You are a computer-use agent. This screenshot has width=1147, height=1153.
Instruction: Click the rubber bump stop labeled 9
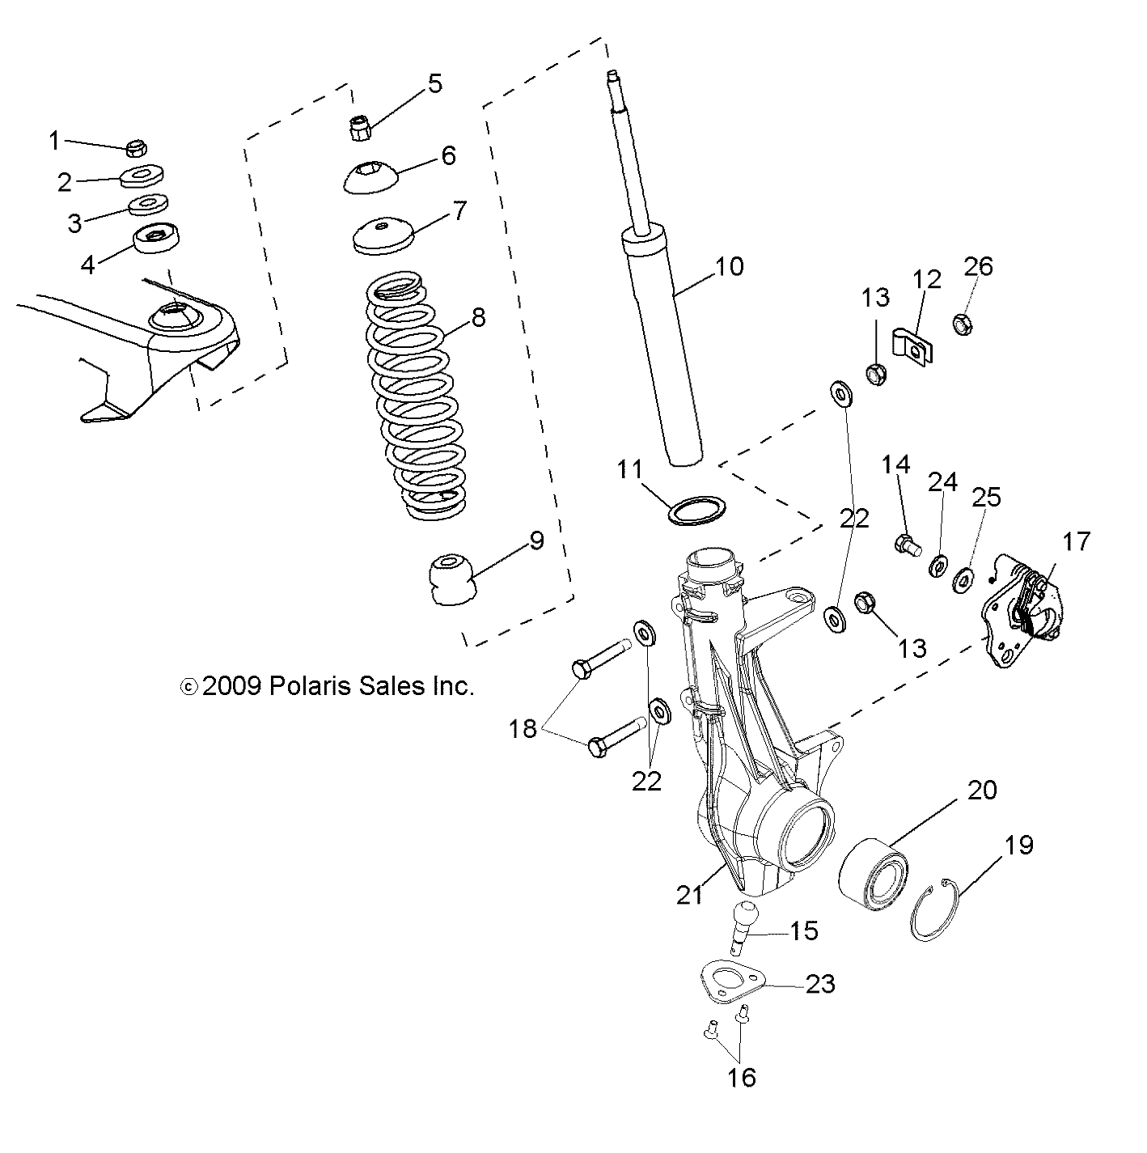click(x=451, y=579)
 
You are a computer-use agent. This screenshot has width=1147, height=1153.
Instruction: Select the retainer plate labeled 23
click(x=733, y=982)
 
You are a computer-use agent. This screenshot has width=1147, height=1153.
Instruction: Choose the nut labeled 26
click(x=962, y=324)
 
